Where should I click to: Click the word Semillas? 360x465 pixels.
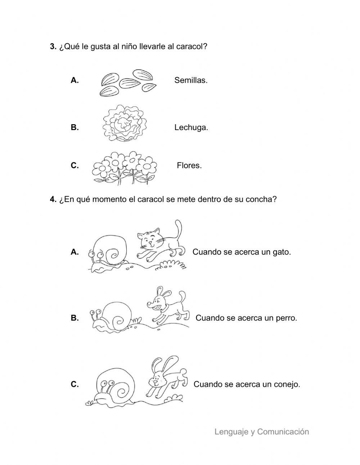tap(191, 80)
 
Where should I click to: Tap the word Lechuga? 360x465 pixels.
tap(191, 128)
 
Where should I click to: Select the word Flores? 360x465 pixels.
tap(189, 166)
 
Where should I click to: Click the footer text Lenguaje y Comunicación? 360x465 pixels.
tap(262, 432)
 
